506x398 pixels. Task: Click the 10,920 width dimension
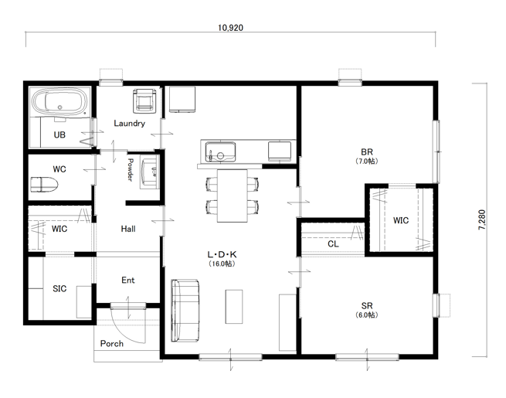pyautogui.click(x=230, y=28)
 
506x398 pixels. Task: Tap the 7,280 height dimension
pyautogui.click(x=482, y=219)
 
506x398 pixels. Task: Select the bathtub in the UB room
pyautogui.click(x=59, y=101)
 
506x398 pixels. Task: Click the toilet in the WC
pyautogui.click(x=44, y=184)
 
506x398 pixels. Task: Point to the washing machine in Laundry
pyautogui.click(x=145, y=100)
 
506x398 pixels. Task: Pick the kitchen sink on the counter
pyautogui.click(x=220, y=151)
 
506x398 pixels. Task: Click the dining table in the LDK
pyautogui.click(x=233, y=196)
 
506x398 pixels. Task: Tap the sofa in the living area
pyautogui.click(x=185, y=310)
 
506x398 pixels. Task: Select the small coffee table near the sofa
pyautogui.click(x=234, y=307)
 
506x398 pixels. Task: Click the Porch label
pyautogui.click(x=112, y=343)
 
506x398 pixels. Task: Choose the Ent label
pyautogui.click(x=128, y=281)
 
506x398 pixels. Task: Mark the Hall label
pyautogui.click(x=128, y=229)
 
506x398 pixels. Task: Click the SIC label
pyautogui.click(x=59, y=288)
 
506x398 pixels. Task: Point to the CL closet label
pyautogui.click(x=333, y=243)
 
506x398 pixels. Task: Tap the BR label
pyautogui.click(x=367, y=151)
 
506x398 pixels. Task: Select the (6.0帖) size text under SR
pyautogui.click(x=367, y=315)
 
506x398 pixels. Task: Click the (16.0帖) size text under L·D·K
pyautogui.click(x=222, y=264)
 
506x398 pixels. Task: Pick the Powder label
pyautogui.click(x=130, y=170)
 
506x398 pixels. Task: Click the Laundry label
pyautogui.click(x=130, y=124)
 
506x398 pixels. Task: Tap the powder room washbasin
pyautogui.click(x=149, y=172)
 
